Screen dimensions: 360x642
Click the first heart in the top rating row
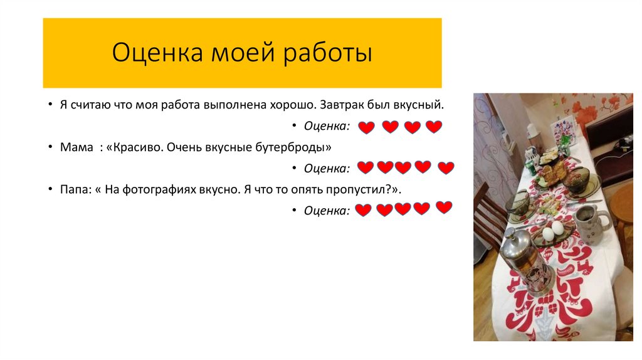[366, 127]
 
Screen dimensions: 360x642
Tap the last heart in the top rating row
[434, 127]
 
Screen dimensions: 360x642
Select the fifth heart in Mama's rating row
[446, 168]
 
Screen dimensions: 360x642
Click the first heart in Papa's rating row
[363, 210]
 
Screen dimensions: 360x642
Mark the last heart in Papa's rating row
[444, 207]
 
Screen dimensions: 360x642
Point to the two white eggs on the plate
[552, 231]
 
